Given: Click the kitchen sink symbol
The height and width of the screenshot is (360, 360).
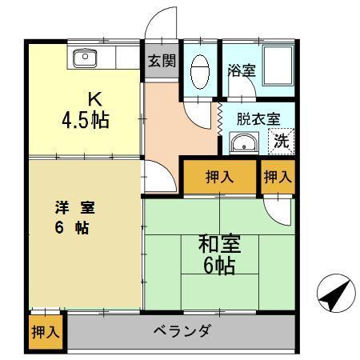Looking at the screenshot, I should (84, 57).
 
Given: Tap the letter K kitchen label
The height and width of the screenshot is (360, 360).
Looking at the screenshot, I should (94, 100).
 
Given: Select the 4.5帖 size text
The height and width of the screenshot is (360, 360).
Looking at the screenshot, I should (86, 122).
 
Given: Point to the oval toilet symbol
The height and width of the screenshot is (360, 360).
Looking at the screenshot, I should (199, 71).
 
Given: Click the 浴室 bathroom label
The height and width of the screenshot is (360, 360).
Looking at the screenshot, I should (241, 70).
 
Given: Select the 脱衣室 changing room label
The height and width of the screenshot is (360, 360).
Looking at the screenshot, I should (258, 118).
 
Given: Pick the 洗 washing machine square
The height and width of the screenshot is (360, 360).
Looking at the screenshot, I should (281, 142).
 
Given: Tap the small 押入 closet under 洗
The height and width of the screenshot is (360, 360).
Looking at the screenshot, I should (277, 177).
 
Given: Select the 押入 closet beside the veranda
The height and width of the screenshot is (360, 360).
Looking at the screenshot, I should (46, 330).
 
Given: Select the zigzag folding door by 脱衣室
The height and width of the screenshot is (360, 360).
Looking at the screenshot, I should (218, 117).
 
